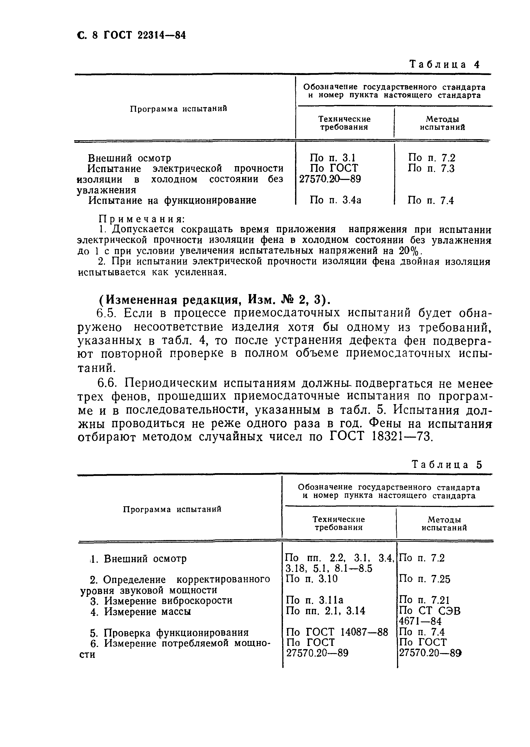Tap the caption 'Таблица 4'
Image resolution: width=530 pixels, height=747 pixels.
pyautogui.click(x=444, y=64)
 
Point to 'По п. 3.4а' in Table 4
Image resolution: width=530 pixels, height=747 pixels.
pyautogui.click(x=335, y=200)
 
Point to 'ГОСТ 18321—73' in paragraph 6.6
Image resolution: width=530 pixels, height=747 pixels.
pyautogui.click(x=380, y=437)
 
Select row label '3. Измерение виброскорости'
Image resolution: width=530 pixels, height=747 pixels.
pyautogui.click(x=161, y=600)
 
